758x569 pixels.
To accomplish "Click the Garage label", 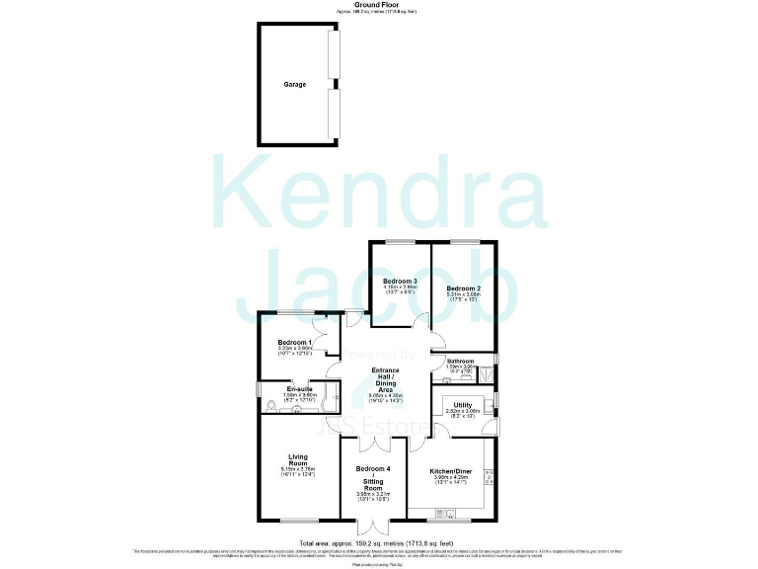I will (294, 85).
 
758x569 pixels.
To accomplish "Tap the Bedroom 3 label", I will (401, 282).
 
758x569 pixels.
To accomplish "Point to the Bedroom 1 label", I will (295, 343).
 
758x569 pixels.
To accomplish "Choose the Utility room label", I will (463, 405).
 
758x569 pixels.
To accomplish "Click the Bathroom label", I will (461, 362).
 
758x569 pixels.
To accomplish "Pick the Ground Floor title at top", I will (378, 5).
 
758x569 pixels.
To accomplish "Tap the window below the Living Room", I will (297, 520).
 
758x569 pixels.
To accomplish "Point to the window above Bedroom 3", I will (400, 241).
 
